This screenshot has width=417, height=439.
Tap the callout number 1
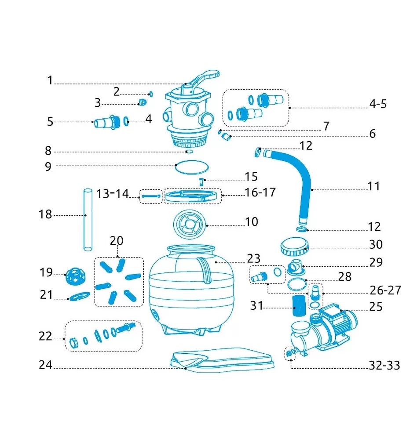point(50,80)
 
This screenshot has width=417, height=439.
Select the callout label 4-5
point(378,104)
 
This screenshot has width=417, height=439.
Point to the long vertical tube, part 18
point(88,220)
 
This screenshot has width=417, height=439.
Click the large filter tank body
point(191,290)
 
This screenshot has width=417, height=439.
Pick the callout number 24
point(45,365)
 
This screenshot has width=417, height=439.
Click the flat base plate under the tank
point(222,360)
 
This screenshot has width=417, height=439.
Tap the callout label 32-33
point(384,365)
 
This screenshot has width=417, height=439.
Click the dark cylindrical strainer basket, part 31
point(299,305)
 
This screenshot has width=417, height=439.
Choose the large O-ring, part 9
point(192,167)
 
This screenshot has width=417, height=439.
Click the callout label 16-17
point(260,192)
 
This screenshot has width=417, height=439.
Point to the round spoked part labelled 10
point(190,225)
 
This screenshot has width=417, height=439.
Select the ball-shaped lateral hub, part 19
point(75,276)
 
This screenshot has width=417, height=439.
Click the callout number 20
point(117,241)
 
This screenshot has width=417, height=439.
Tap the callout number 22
point(45,336)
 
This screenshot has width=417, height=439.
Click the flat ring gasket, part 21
point(80,296)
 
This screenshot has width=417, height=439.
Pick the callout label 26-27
point(385,290)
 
